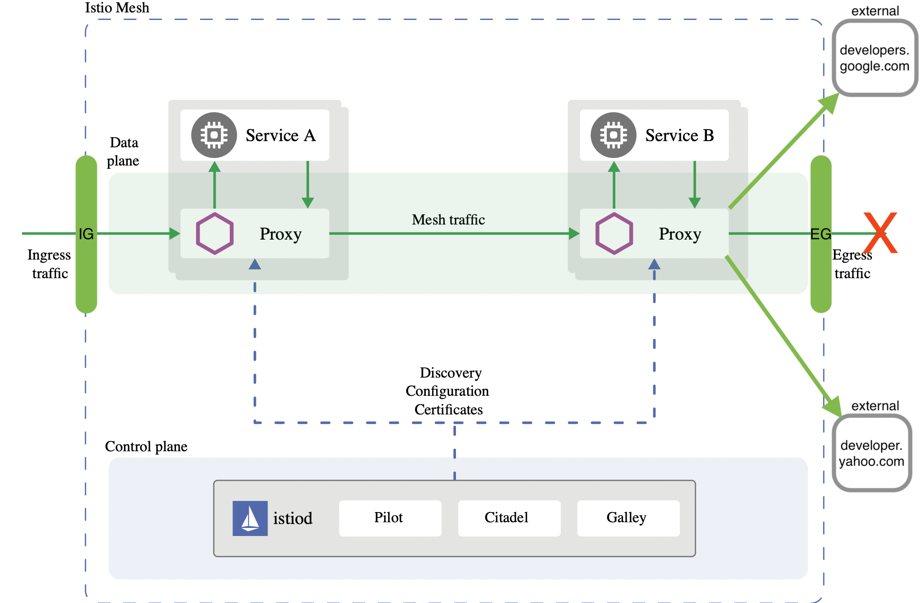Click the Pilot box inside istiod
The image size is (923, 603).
coord(389,518)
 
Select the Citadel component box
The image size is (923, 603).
coord(508,518)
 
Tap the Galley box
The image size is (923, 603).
coord(628,518)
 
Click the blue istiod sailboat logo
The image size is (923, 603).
coord(250,518)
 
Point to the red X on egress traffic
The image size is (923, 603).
coord(880,233)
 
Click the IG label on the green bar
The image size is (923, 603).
coord(86,234)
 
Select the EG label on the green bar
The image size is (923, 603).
coord(821,234)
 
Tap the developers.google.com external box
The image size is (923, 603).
coord(874,58)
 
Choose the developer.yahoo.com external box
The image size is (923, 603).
coord(871,453)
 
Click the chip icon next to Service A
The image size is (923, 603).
coord(214,135)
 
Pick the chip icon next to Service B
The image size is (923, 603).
coord(613,135)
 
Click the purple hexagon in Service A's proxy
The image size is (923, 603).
coord(215,233)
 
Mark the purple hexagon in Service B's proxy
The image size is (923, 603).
coord(614,233)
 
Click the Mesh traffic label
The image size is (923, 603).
coord(448,220)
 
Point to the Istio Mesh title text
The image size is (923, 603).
coord(117,8)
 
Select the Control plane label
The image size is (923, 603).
coord(146,446)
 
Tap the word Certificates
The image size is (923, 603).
coord(448,409)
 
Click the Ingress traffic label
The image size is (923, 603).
coord(49,264)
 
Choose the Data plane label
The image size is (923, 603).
coord(123,151)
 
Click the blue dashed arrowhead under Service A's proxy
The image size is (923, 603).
coord(255,264)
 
